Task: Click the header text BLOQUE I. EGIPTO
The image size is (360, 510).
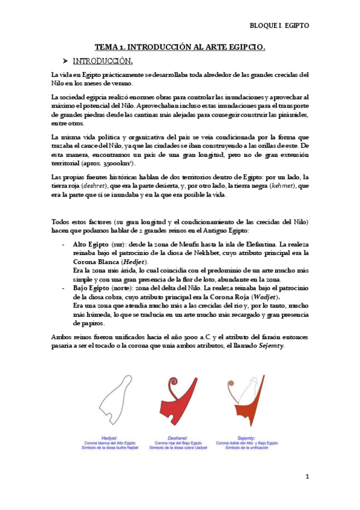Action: [x=279, y=26]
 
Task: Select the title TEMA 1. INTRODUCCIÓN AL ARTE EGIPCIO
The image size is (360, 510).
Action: [x=180, y=47]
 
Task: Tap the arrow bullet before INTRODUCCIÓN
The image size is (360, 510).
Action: [x=66, y=61]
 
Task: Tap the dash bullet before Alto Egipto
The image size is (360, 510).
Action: [x=64, y=245]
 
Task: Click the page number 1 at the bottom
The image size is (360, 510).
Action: [x=307, y=477]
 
